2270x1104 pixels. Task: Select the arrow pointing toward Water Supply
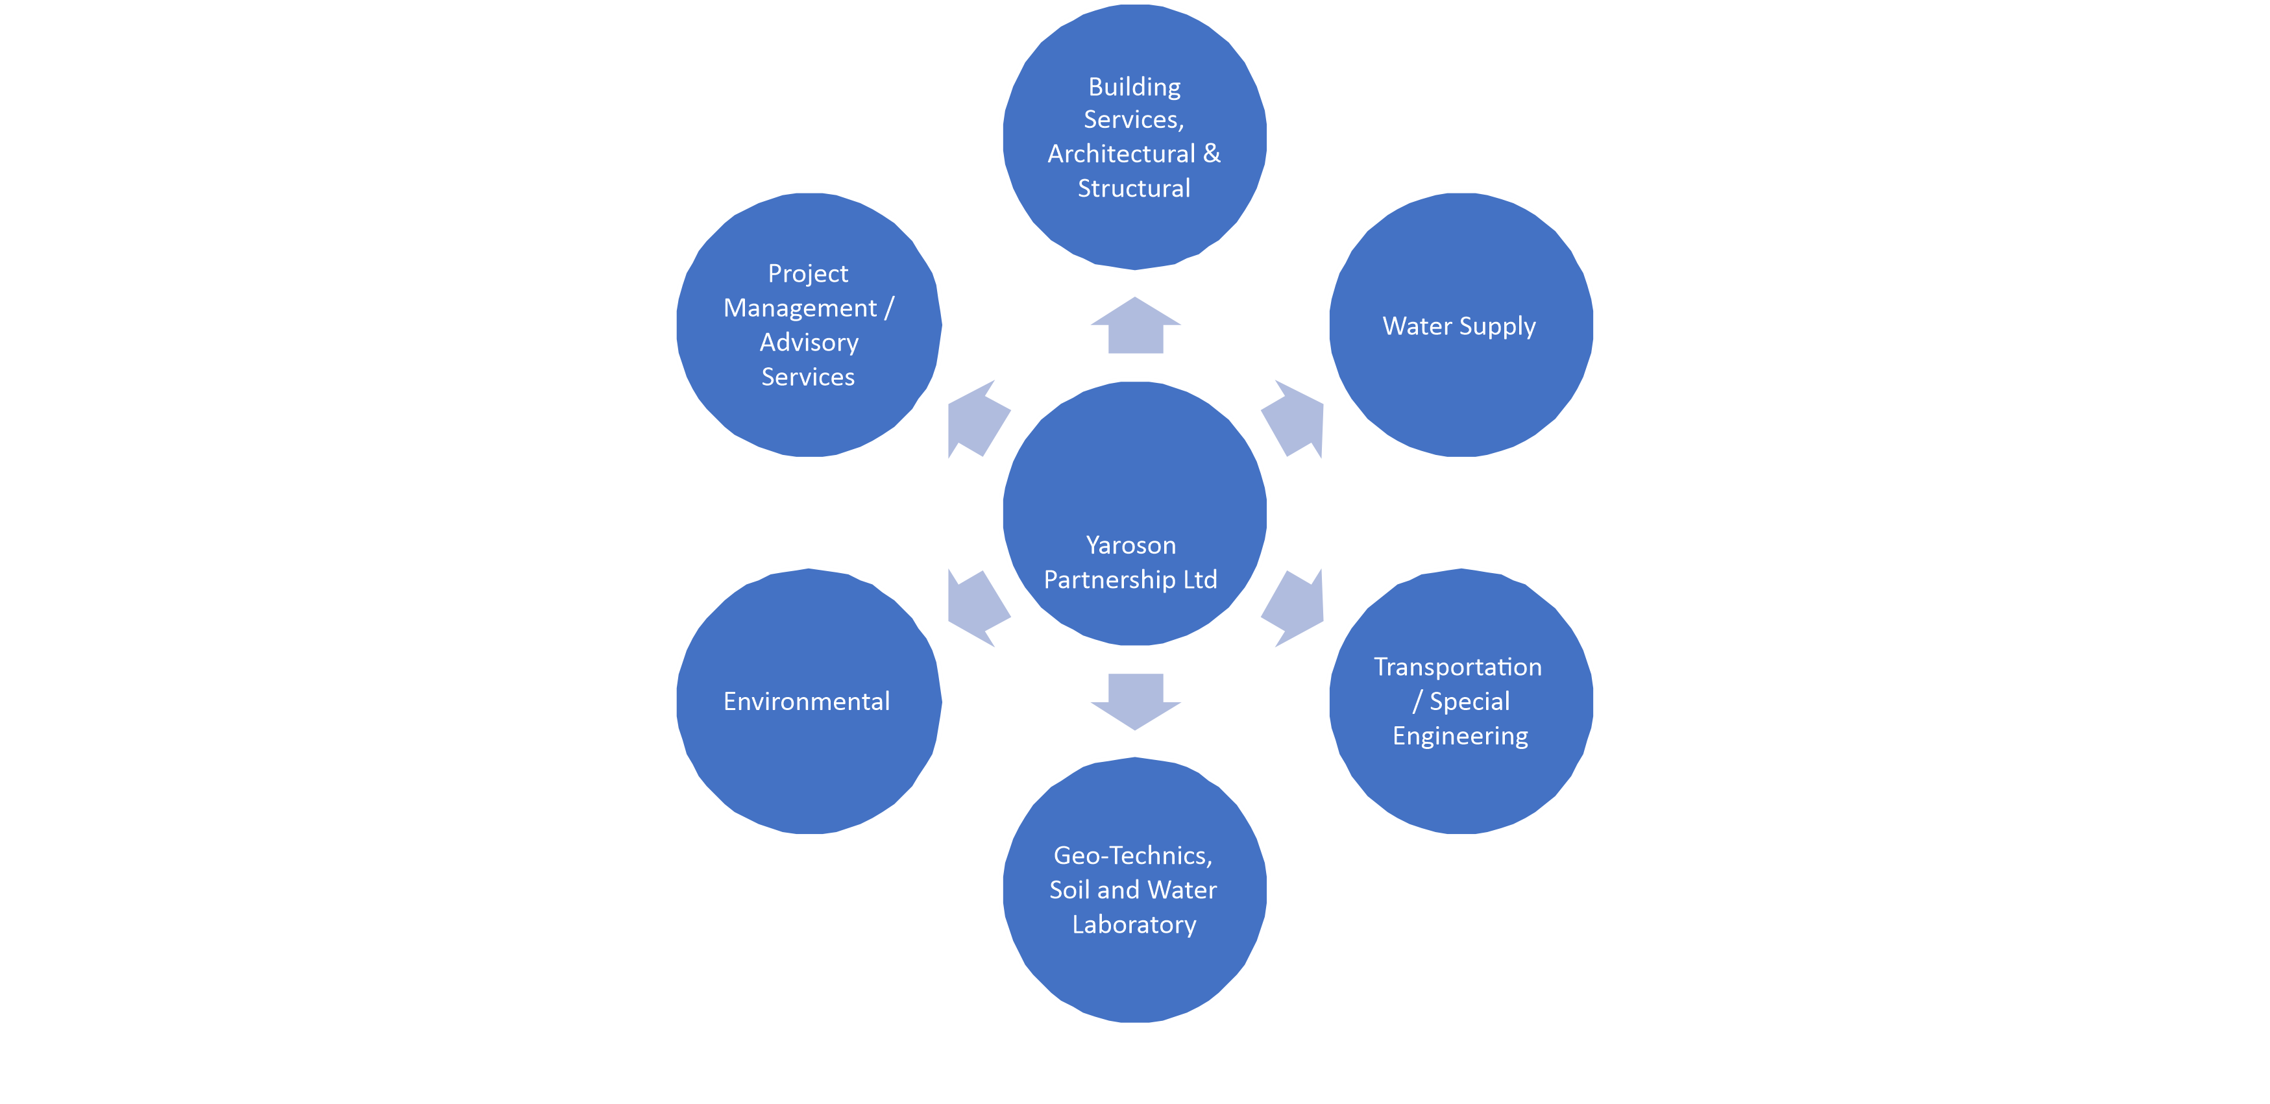[1293, 419]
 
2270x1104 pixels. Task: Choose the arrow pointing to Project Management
[977, 419]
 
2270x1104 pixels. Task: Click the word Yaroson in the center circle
[1130, 545]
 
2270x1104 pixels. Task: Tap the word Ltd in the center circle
[1199, 580]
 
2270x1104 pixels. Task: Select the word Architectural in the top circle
[1121, 154]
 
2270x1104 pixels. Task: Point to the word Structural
[1134, 189]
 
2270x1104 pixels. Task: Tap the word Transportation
[1458, 667]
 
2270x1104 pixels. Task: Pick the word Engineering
[1460, 736]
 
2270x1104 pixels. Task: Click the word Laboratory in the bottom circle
[1134, 924]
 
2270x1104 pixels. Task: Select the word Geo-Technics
[1132, 855]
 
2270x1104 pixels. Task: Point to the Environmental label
[806, 702]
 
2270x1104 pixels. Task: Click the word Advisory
[809, 343]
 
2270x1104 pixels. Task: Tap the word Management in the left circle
[800, 308]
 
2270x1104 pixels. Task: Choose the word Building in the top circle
[1134, 86]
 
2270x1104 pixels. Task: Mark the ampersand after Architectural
[1212, 154]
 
